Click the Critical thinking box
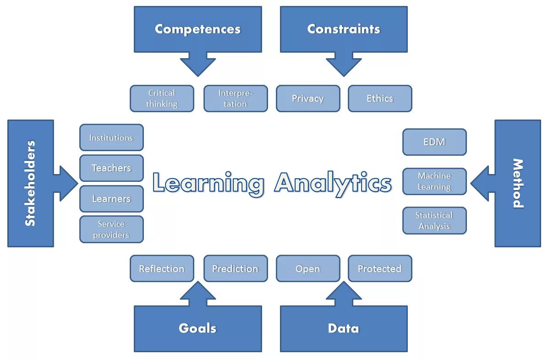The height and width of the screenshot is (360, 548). click(162, 98)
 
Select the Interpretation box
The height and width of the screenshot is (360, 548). click(236, 98)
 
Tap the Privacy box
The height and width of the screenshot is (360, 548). click(308, 98)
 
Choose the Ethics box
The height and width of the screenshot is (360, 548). click(380, 98)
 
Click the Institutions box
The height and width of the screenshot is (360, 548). click(111, 137)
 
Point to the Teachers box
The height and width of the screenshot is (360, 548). click(111, 168)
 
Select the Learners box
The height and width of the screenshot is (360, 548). click(111, 199)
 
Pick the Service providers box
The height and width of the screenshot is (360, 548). click(111, 229)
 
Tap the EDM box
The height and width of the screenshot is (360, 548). click(434, 142)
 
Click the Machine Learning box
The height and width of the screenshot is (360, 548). click(434, 181)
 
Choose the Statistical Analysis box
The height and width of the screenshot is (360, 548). click(434, 221)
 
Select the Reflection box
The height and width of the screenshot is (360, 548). click(162, 268)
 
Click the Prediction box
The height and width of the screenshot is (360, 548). click(236, 268)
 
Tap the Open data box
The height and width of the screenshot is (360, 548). click(308, 268)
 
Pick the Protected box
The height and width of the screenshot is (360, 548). click(380, 268)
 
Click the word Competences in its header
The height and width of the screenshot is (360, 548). click(197, 29)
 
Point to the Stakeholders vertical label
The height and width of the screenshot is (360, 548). click(30, 183)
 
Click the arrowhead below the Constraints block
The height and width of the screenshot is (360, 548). click(344, 66)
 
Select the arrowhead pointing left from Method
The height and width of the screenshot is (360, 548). click(480, 183)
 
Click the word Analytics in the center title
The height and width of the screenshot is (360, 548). click(333, 183)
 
